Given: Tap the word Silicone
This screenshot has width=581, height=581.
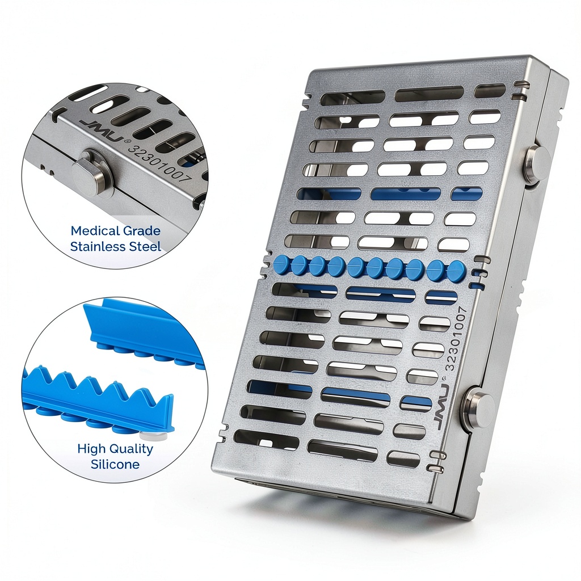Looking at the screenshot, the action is (115, 464).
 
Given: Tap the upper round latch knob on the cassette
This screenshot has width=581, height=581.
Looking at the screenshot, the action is (537, 163).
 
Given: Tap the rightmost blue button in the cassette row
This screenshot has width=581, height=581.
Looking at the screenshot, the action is (456, 270).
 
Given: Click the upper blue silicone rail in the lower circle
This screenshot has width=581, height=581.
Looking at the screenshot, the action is (141, 334).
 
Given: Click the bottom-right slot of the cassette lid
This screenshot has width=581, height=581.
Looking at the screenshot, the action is (403, 458).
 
